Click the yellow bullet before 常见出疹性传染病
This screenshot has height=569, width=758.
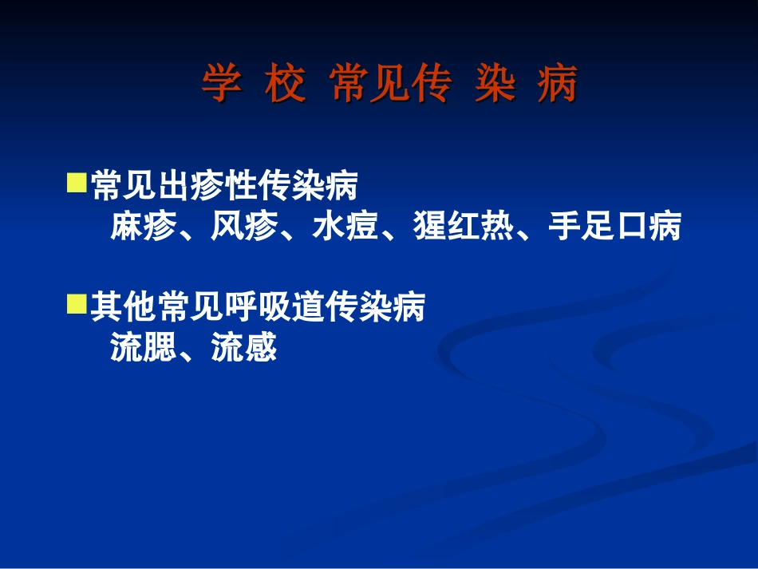77,185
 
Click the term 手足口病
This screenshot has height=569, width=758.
614,227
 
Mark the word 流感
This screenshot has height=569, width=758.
243,348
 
